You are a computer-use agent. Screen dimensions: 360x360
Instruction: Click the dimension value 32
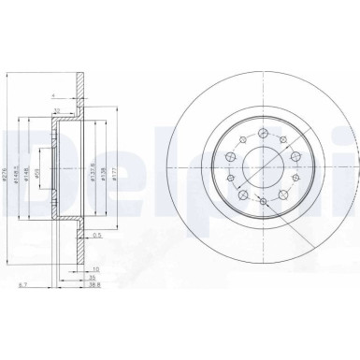point(57,110)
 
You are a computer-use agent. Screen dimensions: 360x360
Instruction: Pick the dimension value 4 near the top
point(54,94)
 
